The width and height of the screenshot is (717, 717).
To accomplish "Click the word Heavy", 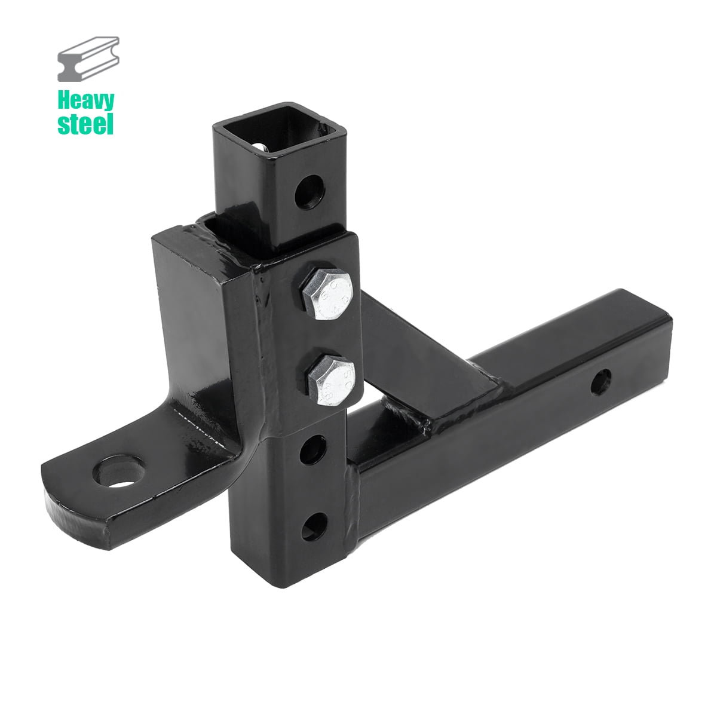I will (85, 100).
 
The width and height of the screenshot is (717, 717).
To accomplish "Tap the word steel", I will (85, 124).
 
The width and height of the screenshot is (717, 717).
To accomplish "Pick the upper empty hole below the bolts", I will (315, 447).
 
